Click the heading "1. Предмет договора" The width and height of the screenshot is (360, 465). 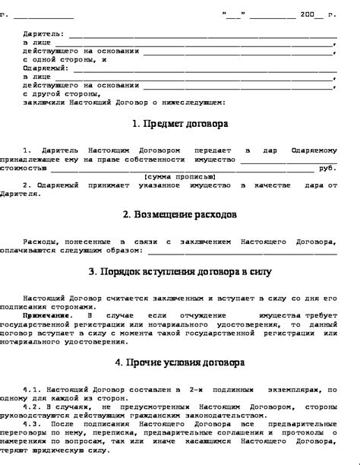click(179, 123)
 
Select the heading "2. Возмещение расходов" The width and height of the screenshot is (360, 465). click(179, 215)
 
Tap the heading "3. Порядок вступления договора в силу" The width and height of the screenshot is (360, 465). click(179, 271)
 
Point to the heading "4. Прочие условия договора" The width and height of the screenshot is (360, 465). click(179, 362)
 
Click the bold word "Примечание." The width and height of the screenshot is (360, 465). click(48, 315)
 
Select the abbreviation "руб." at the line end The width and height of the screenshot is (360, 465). click(327, 167)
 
